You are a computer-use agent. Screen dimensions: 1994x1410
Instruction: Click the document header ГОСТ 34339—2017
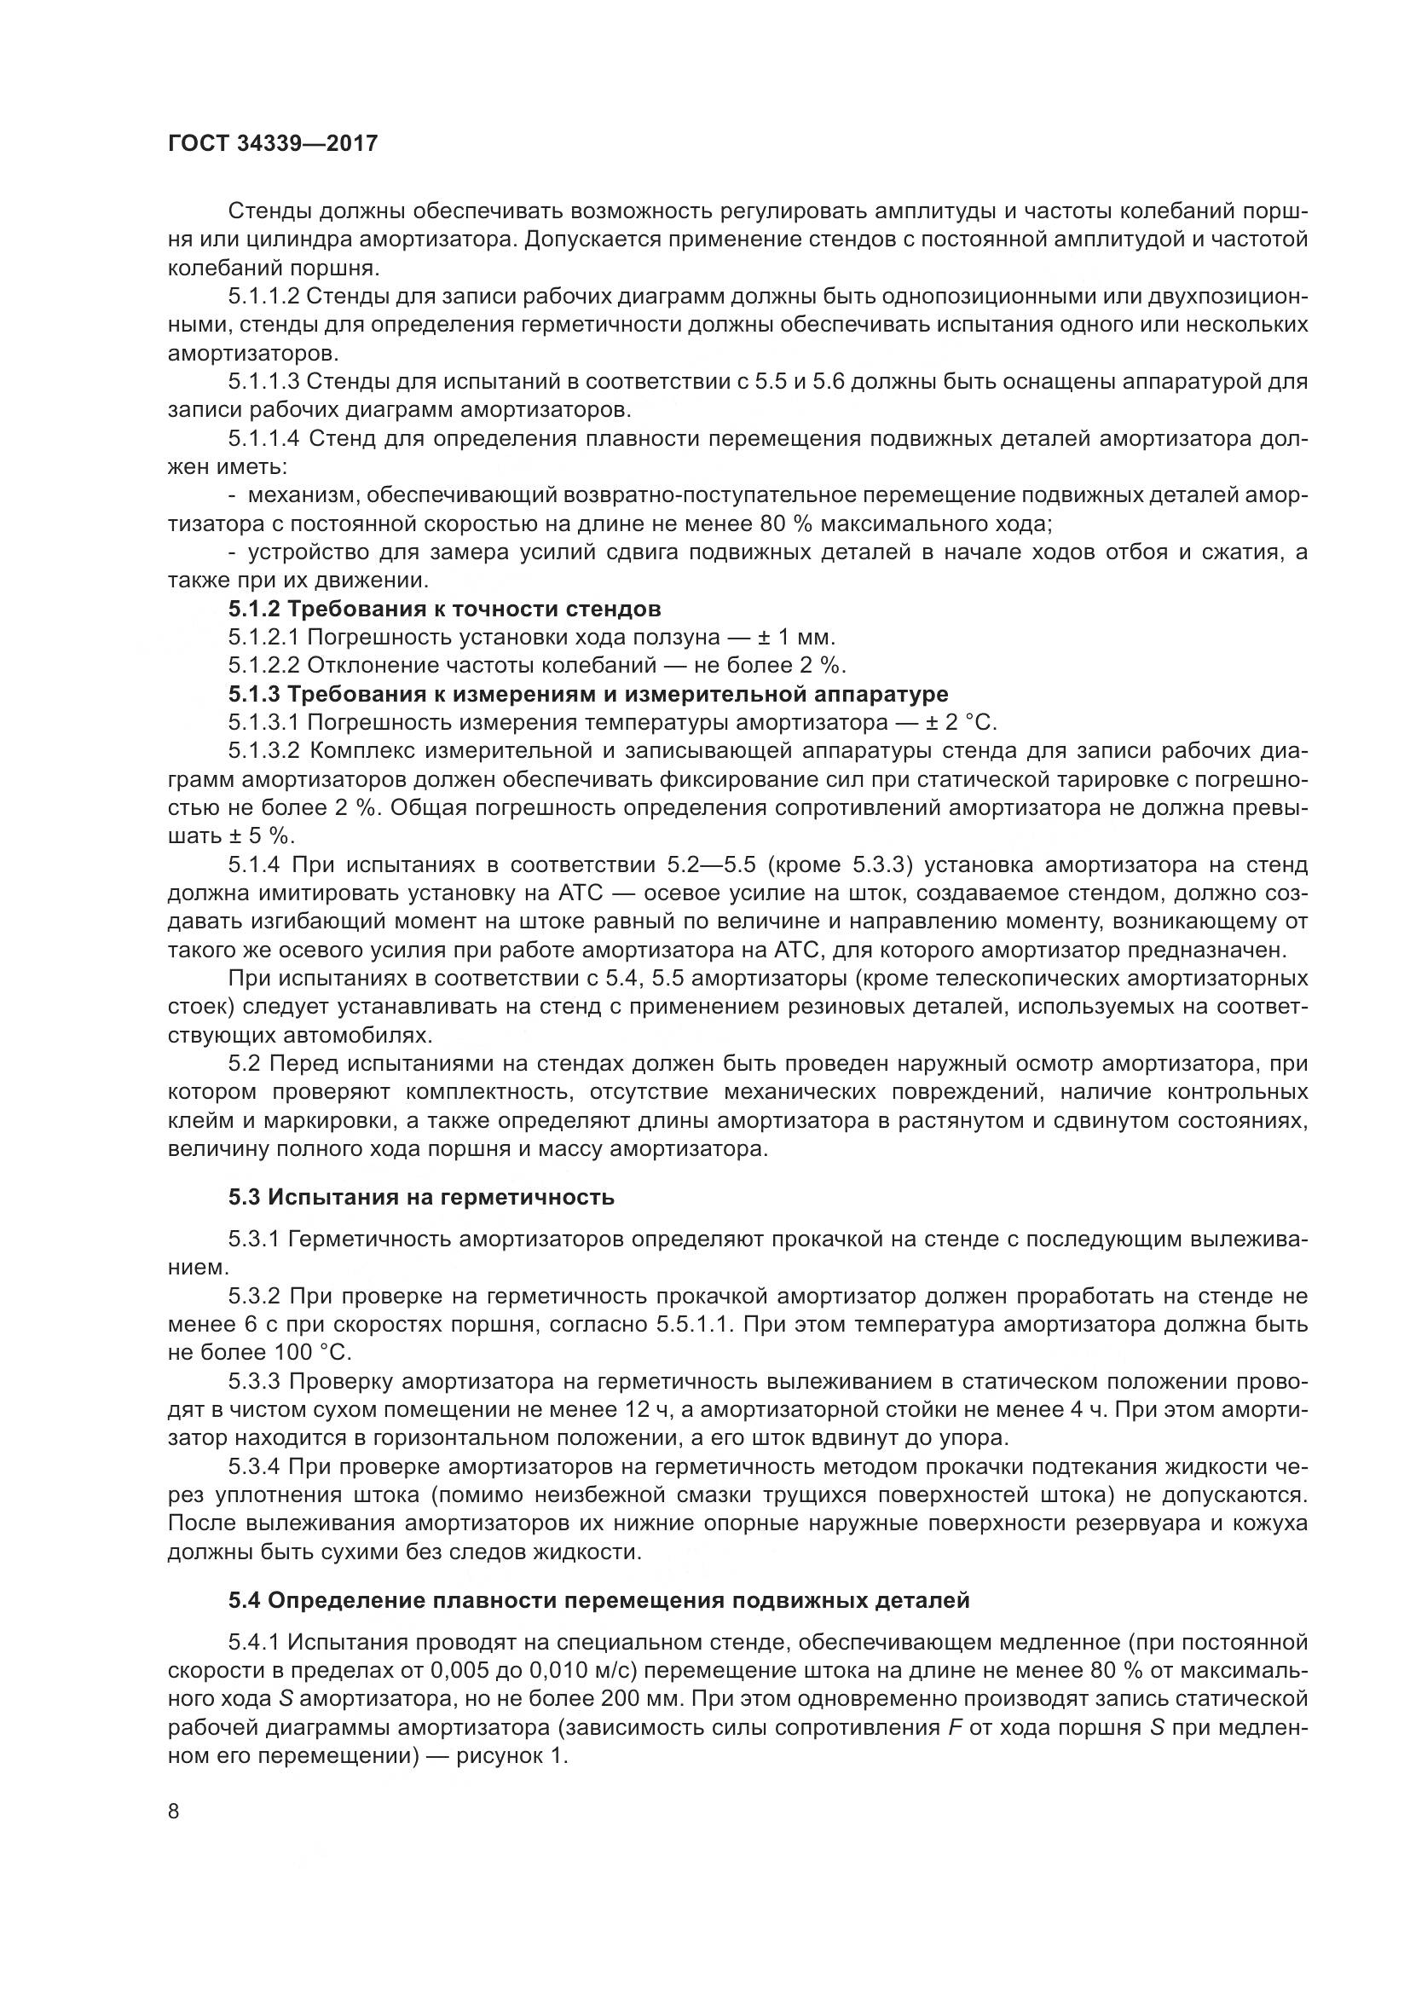click(273, 143)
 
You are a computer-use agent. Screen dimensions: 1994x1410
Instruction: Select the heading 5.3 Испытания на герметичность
click(421, 1197)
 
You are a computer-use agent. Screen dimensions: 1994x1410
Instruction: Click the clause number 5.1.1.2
click(264, 296)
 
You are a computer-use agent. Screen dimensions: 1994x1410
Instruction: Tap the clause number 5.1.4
click(254, 864)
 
